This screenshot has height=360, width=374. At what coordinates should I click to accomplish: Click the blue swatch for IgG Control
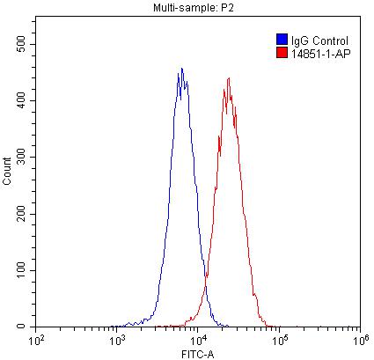click(282, 40)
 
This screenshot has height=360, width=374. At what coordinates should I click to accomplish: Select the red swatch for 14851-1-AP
click(282, 53)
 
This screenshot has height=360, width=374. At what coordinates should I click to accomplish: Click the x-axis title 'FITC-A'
click(197, 352)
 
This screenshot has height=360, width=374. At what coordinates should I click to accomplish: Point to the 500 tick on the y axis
click(23, 44)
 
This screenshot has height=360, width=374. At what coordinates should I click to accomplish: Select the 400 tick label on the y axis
click(23, 100)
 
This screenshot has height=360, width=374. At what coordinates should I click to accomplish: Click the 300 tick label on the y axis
click(23, 157)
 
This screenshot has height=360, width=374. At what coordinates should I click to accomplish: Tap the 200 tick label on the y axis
click(23, 214)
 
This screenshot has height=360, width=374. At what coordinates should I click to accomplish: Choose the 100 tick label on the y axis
click(23, 270)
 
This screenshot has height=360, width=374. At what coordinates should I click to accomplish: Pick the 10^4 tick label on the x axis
click(197, 338)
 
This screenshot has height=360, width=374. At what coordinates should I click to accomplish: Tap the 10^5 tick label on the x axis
click(278, 338)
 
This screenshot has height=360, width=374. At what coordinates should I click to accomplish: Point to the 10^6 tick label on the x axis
click(358, 338)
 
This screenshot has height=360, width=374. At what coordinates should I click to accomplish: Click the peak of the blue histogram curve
click(181, 69)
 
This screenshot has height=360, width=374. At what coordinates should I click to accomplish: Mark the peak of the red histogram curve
click(228, 78)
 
